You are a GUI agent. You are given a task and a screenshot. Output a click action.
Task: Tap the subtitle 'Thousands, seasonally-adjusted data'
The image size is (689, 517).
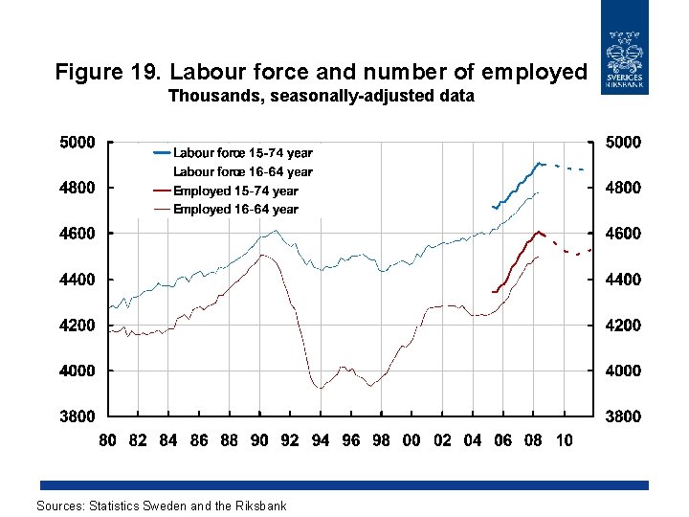pyautogui.click(x=321, y=96)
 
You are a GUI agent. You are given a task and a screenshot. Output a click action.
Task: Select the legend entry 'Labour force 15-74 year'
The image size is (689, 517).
pyautogui.click(x=242, y=152)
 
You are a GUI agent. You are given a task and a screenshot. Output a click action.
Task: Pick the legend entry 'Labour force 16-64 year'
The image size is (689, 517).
pyautogui.click(x=242, y=171)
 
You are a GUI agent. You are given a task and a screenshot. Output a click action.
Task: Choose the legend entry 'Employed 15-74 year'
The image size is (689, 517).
pyautogui.click(x=235, y=191)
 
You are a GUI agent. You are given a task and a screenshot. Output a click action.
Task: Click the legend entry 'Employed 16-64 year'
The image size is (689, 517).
pyautogui.click(x=235, y=209)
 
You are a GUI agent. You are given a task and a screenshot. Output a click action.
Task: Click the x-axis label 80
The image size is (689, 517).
pyautogui.click(x=108, y=440)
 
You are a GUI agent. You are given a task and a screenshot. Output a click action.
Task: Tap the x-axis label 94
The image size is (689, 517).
pyautogui.click(x=321, y=440)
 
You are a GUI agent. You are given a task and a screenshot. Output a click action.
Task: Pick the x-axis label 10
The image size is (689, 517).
pyautogui.click(x=565, y=440)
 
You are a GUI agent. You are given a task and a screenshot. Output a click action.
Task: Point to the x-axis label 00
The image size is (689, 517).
pyautogui.click(x=411, y=440)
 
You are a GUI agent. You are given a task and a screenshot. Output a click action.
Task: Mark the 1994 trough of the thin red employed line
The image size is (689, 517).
pyautogui.click(x=320, y=387)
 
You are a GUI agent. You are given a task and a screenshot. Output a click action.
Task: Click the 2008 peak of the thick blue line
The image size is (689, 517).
pyautogui.click(x=539, y=163)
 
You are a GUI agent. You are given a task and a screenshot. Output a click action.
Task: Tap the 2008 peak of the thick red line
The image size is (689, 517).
pyautogui.click(x=540, y=231)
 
